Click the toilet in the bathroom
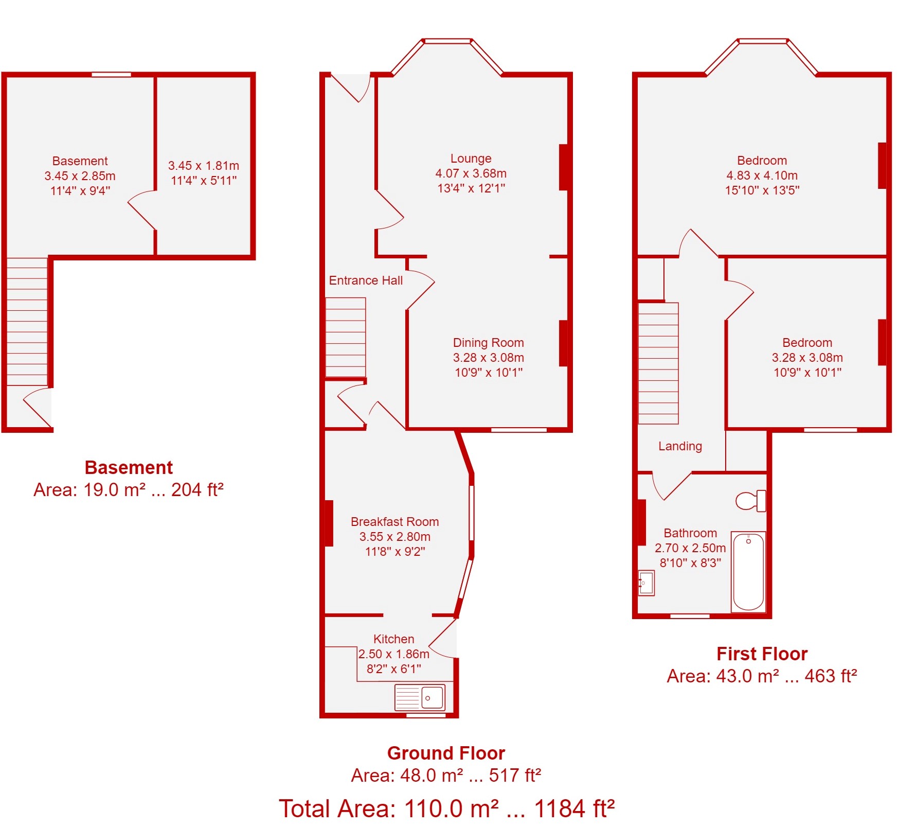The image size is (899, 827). click(751, 501)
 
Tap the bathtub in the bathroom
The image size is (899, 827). click(748, 572)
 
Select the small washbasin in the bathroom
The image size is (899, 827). click(646, 583)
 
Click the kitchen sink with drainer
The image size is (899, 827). click(420, 697)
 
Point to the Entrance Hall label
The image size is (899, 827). click(366, 280)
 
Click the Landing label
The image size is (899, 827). click(680, 446)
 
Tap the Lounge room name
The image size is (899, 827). click(471, 159)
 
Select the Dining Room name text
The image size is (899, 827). click(489, 343)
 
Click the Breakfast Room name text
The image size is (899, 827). click(395, 522)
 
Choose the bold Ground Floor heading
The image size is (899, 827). click(446, 753)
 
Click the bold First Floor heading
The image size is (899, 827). click(762, 654)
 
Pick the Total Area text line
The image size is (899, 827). click(446, 809)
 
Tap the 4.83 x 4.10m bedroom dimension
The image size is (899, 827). click(762, 175)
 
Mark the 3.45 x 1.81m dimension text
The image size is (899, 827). click(204, 166)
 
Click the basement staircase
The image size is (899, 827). click(27, 322)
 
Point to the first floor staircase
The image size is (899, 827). click(658, 363)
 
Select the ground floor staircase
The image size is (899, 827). click(346, 338)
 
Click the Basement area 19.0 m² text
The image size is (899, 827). click(129, 490)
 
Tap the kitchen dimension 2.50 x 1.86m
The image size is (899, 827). click(394, 654)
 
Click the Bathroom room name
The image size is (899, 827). click(690, 533)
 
